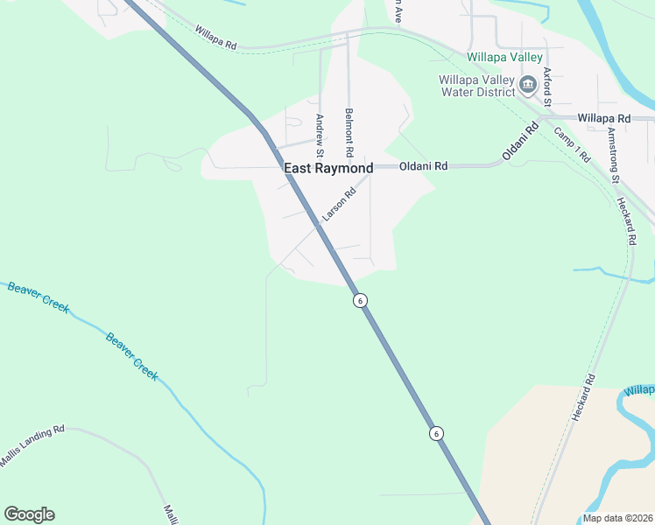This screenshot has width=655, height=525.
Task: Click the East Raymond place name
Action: click(x=328, y=168)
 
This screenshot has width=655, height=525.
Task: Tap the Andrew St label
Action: click(x=320, y=130)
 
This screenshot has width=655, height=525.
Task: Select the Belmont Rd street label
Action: click(x=349, y=126)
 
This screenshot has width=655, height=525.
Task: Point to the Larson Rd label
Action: click(x=339, y=204)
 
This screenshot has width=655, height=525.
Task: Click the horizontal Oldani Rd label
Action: click(x=424, y=165)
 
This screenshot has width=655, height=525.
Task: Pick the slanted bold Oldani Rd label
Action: click(x=518, y=143)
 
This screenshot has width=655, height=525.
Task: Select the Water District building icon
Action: click(x=528, y=85)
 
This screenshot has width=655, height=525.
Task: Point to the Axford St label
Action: click(x=546, y=87)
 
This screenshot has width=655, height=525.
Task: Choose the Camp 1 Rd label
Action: click(x=573, y=144)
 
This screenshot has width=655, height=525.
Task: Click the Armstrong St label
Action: click(x=613, y=155)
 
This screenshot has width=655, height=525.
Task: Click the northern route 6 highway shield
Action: click(x=360, y=300)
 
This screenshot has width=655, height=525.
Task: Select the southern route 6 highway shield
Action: click(x=435, y=433)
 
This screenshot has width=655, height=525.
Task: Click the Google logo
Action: click(x=29, y=514)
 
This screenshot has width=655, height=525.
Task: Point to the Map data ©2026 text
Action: click(x=618, y=518)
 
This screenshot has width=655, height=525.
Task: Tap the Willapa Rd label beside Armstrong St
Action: click(x=604, y=118)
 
